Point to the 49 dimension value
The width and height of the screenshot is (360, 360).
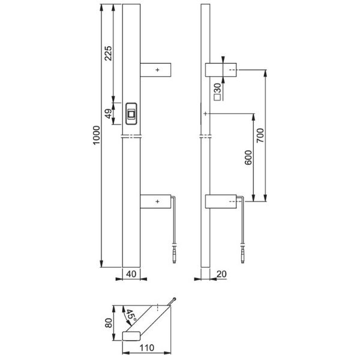109,115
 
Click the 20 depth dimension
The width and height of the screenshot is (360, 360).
221,274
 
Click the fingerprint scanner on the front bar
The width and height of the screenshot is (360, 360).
132,113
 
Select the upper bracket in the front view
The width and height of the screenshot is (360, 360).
157,70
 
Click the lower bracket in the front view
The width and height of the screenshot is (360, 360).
157,202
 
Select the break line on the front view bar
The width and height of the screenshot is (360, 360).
132,137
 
